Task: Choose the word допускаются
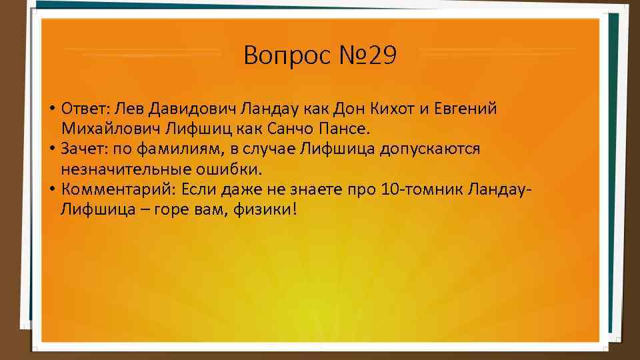[x=430, y=149]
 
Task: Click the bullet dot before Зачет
[x=51, y=149]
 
